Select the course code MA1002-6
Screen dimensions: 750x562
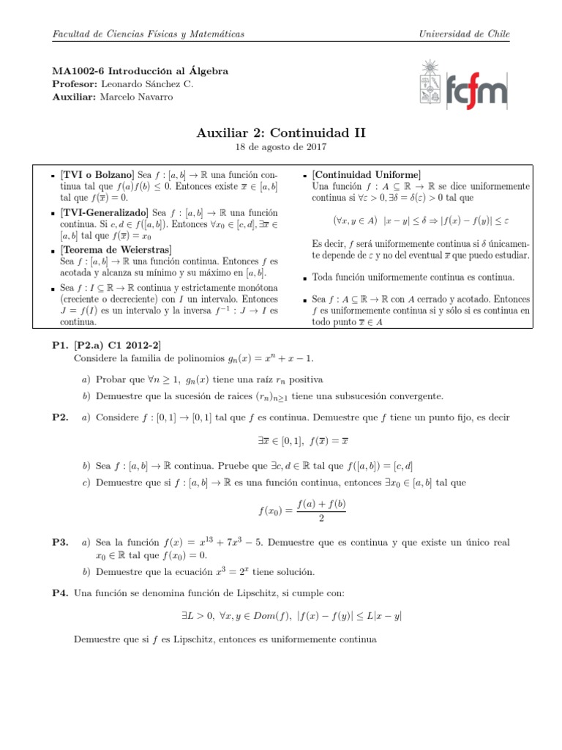[80, 71]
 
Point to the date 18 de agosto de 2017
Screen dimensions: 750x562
[281, 147]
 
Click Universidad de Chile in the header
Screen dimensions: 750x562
[463, 34]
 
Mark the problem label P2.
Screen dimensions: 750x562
[60, 417]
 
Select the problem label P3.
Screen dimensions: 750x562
[60, 543]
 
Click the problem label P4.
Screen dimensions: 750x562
[60, 593]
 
